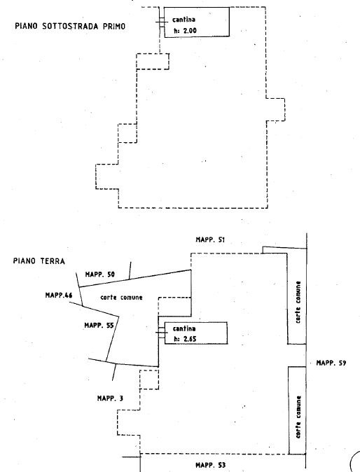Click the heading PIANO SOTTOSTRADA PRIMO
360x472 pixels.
[x=70, y=26]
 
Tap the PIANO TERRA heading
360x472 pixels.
[x=39, y=261]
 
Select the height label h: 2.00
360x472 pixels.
[x=185, y=30]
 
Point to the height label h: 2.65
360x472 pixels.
[x=185, y=339]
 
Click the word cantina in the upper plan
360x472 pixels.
[x=184, y=20]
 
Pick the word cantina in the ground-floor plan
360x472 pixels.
[x=184, y=328]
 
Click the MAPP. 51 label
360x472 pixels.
[x=210, y=240]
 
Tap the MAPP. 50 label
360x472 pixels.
[x=100, y=275]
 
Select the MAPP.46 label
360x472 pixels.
[x=59, y=296]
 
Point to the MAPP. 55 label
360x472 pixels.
[x=99, y=326]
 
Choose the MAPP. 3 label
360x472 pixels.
[x=110, y=398]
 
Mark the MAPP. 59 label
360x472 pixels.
[x=331, y=363]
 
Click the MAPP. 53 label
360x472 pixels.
[x=210, y=465]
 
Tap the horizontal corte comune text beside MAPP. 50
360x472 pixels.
[x=121, y=298]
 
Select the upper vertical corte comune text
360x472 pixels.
[x=298, y=303]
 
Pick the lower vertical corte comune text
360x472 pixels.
[x=298, y=417]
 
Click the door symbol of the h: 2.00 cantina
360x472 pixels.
[x=161, y=22]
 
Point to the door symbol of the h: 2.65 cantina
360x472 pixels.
[x=161, y=333]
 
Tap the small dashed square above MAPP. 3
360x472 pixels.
[x=149, y=380]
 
